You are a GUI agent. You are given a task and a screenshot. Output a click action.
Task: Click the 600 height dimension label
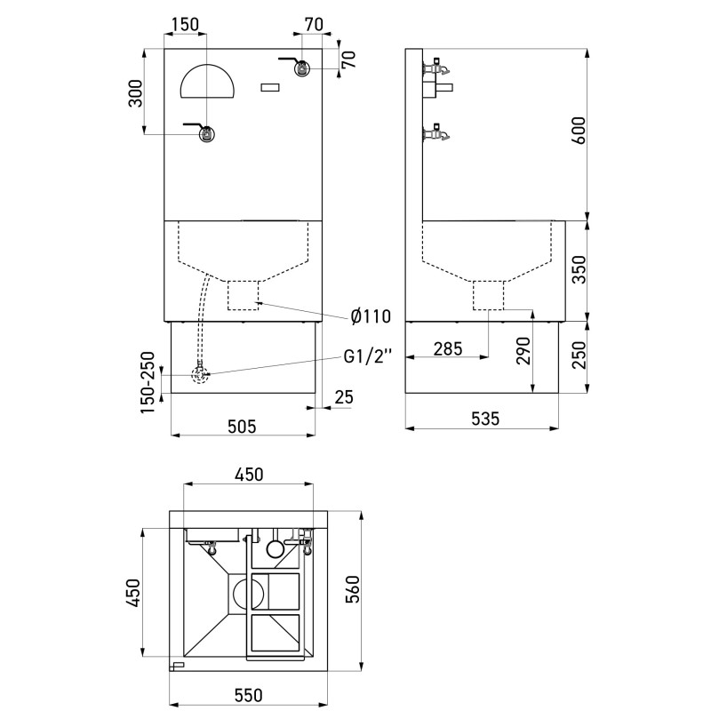pyautogui.click(x=579, y=132)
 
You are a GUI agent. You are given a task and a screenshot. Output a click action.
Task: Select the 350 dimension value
pyautogui.click(x=579, y=269)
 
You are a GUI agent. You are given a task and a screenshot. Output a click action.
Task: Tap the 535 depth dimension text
pyautogui.click(x=482, y=417)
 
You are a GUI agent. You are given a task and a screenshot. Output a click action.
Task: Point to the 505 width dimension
pyautogui.click(x=241, y=426)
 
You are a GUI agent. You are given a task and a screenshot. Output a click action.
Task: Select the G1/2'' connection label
pyautogui.click(x=370, y=358)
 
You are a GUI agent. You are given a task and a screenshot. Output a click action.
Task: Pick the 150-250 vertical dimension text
pyautogui.click(x=148, y=381)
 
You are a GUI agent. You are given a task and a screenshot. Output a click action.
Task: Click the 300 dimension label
pyautogui.click(x=136, y=92)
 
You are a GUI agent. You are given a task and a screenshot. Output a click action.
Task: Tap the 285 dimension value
pyautogui.click(x=447, y=348)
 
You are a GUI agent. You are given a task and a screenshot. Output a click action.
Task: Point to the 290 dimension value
pyautogui.click(x=523, y=351)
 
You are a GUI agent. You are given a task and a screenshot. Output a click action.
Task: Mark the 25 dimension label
pyautogui.click(x=344, y=397)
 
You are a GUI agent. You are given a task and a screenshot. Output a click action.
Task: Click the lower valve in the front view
pyautogui.click(x=205, y=133)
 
